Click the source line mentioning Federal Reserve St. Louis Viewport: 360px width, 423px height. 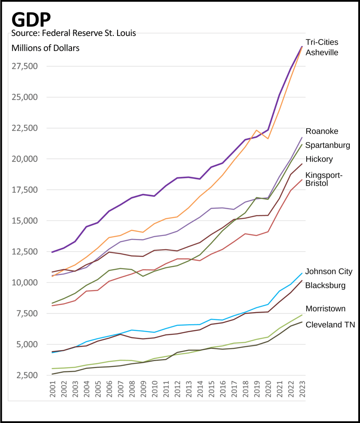[x=74, y=33]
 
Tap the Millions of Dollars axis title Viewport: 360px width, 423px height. [x=46, y=48]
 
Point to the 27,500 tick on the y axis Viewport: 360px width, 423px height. [x=26, y=66]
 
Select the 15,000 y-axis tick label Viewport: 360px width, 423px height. [x=26, y=221]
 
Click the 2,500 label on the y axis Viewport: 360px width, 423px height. [x=28, y=375]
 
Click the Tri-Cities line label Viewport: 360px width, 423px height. [x=322, y=42]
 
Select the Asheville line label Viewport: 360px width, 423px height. [x=322, y=53]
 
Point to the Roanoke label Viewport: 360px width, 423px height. [x=322, y=131]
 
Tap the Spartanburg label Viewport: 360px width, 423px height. [x=328, y=145]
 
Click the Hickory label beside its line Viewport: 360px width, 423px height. [x=319, y=159]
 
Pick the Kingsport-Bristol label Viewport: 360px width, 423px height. [x=323, y=179]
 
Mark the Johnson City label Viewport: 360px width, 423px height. [x=329, y=272]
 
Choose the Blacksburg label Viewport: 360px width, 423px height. [x=325, y=285]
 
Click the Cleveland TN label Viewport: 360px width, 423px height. [x=330, y=325]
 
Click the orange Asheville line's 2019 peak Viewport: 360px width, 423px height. [x=257, y=130]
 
